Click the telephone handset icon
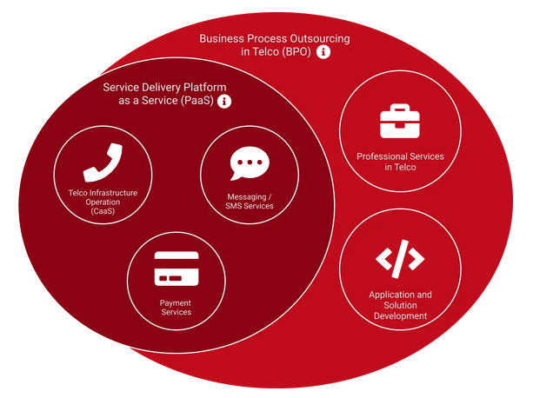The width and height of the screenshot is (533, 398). click(x=103, y=162)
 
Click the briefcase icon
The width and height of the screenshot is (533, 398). click(x=399, y=121)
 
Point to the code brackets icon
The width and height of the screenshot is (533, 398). click(x=400, y=259)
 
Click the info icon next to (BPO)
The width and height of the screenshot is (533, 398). click(x=324, y=52)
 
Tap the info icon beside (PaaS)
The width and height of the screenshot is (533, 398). click(x=224, y=102)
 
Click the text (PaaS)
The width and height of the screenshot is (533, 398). click(x=198, y=102)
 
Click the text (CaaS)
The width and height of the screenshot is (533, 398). click(x=103, y=211)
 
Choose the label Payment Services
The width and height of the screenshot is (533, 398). click(x=176, y=308)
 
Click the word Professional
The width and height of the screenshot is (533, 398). click(x=380, y=156)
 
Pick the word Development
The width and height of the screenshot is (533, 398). click(x=400, y=316)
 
